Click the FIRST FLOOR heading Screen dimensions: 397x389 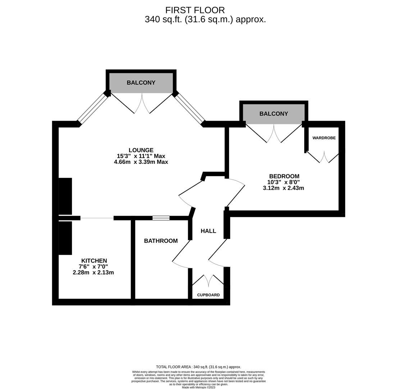(195, 10)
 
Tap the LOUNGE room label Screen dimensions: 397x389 (141, 150)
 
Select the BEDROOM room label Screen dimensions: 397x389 (284, 176)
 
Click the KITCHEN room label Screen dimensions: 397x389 (94, 261)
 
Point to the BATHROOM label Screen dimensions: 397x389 (161, 241)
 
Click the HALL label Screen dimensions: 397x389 (208, 231)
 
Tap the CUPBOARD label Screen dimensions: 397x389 (208, 295)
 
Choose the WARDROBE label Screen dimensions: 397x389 (324, 138)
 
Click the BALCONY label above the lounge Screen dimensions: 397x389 (141, 83)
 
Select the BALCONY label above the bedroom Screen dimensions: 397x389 (274, 114)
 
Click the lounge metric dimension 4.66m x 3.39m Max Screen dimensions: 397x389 (141, 162)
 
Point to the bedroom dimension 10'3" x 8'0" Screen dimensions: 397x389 (284, 182)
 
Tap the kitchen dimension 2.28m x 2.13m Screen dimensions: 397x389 (93, 273)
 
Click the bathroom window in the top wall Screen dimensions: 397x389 (161, 218)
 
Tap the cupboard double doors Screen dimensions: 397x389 (208, 280)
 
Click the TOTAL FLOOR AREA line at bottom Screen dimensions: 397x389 (198, 367)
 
